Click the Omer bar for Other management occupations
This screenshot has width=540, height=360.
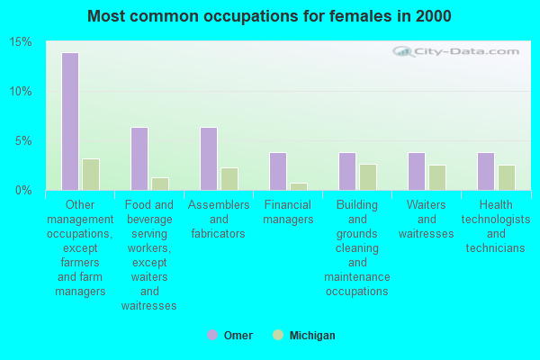coord(69,121)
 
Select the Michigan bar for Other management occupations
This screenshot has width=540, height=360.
coord(90,175)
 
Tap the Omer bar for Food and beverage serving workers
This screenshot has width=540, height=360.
coord(139,158)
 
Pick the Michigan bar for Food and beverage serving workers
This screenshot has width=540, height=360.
coord(159,184)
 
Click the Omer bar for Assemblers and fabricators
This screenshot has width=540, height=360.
coord(208,158)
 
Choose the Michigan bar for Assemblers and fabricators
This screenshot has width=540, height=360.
coord(229,179)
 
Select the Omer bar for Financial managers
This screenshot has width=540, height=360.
coord(277,171)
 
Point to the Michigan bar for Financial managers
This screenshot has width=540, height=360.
coord(298,186)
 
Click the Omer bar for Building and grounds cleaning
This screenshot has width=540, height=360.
coord(346,171)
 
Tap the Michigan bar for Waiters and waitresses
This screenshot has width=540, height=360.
coord(436,177)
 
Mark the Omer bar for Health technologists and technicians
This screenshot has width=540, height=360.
coord(485,171)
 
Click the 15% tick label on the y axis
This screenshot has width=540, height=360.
coord(21,42)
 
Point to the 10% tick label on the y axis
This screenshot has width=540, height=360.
coord(21,92)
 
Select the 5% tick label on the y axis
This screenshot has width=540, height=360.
coord(23,141)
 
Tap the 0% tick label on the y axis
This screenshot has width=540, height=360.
coord(23,190)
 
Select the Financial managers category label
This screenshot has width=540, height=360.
coord(288,212)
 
